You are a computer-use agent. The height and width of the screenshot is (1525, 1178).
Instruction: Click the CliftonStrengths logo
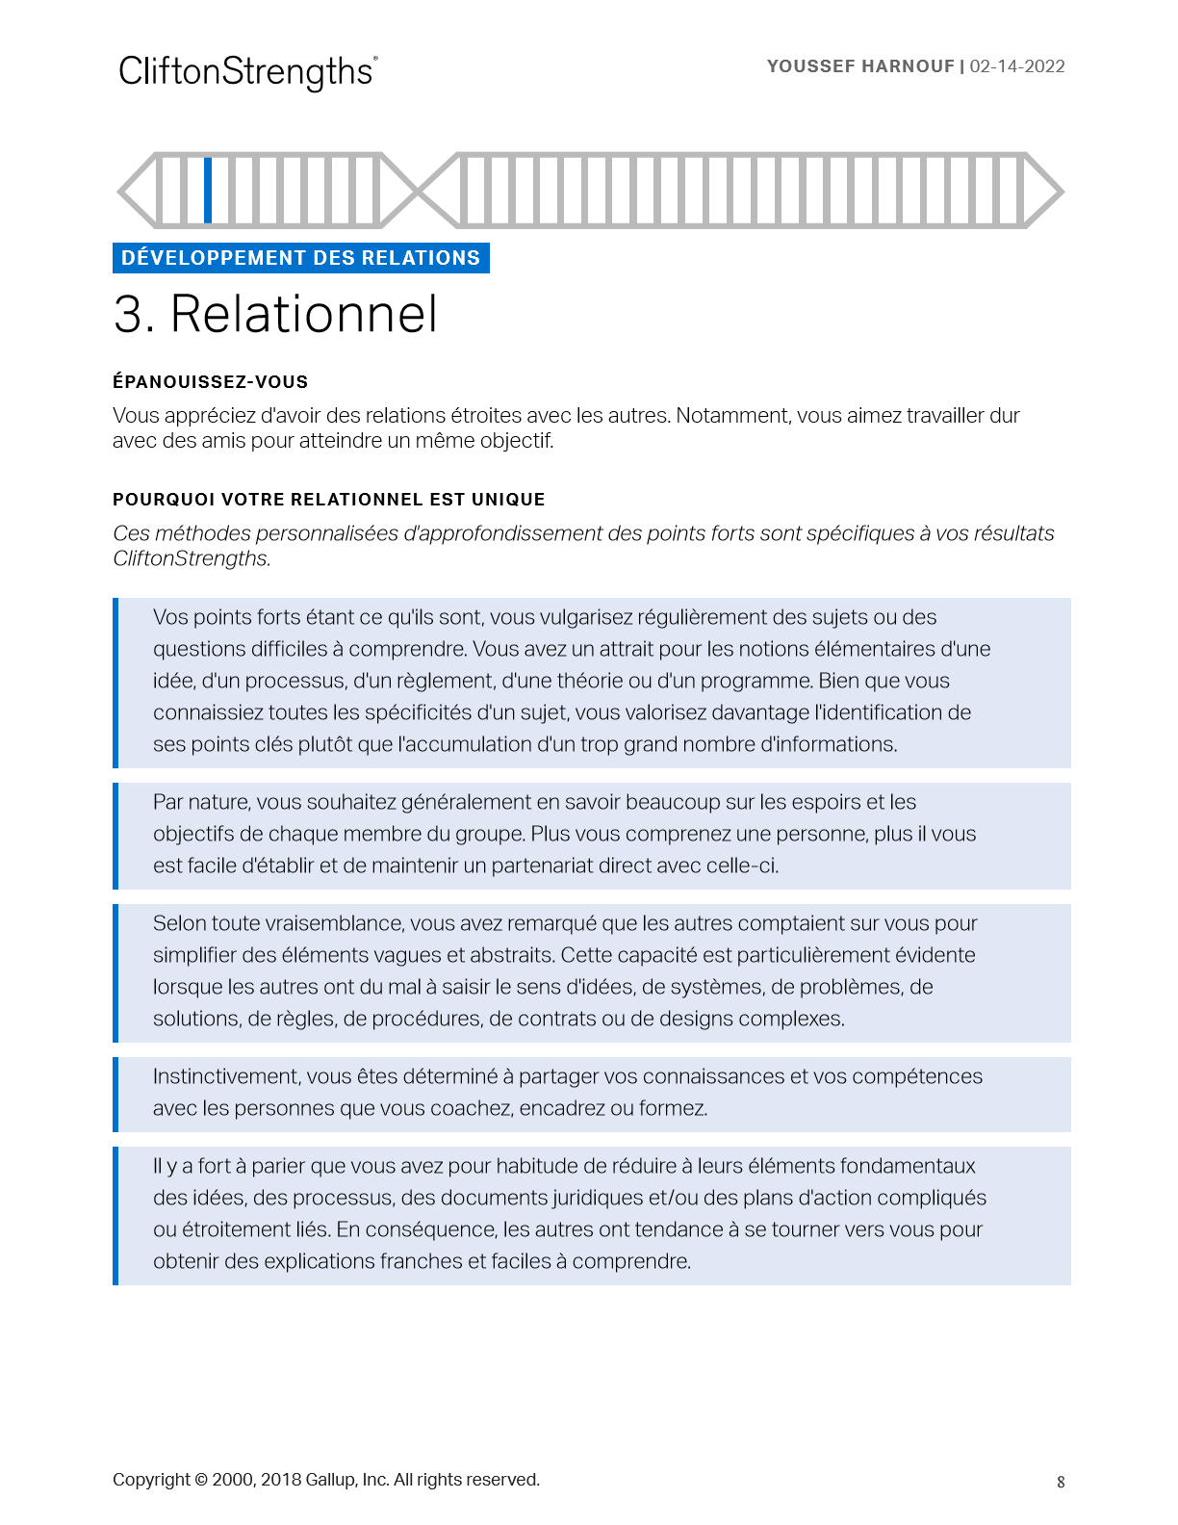247,72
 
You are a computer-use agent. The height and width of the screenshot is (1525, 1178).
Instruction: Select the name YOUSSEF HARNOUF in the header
859,66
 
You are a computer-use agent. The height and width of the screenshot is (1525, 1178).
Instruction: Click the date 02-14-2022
1017,66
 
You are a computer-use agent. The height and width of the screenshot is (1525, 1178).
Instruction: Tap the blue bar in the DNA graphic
208,190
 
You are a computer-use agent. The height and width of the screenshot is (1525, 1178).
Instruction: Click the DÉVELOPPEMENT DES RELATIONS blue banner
300,258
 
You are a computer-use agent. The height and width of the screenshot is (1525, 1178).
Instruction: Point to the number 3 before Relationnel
132,315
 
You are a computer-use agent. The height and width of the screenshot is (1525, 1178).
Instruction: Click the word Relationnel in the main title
304,315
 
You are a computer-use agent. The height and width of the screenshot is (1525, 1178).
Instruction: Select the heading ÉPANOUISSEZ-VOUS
210,382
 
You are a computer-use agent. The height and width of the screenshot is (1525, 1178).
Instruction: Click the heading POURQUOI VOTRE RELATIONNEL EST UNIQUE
328,500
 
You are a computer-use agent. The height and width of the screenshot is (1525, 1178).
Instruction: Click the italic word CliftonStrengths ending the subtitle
191,558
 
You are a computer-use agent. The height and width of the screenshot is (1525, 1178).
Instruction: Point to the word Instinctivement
227,1076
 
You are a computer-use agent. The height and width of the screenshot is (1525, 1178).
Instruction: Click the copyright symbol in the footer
201,1480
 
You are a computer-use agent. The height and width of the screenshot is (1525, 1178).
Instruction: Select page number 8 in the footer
1061,1483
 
